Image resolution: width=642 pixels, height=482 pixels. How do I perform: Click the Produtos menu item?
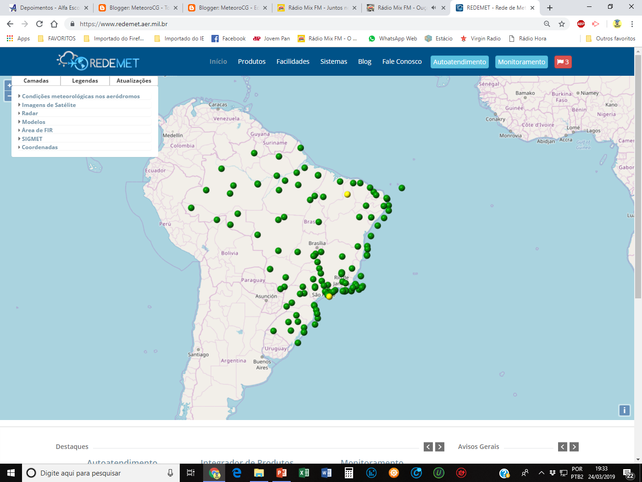pyautogui.click(x=251, y=62)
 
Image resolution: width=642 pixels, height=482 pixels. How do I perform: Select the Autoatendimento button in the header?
pyautogui.click(x=459, y=62)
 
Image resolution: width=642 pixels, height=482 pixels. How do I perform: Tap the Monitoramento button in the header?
pyautogui.click(x=521, y=62)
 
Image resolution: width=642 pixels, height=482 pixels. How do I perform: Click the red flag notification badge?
pyautogui.click(x=563, y=62)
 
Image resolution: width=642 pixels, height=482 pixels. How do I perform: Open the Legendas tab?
pyautogui.click(x=85, y=81)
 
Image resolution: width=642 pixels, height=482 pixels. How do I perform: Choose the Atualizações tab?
pyautogui.click(x=133, y=81)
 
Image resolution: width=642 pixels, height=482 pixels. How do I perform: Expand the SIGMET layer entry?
pyautogui.click(x=32, y=139)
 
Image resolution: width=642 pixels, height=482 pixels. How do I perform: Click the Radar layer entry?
pyautogui.click(x=30, y=113)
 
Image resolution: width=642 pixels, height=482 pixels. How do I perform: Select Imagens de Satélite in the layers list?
pyautogui.click(x=49, y=105)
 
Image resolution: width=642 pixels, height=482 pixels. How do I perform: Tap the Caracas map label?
pyautogui.click(x=218, y=105)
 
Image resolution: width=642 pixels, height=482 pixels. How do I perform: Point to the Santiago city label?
pyautogui.click(x=198, y=354)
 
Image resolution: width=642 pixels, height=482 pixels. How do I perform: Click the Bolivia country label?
pyautogui.click(x=229, y=253)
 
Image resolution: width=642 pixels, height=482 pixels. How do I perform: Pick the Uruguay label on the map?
pyautogui.click(x=276, y=348)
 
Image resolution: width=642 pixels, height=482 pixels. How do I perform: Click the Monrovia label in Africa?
pyautogui.click(x=510, y=135)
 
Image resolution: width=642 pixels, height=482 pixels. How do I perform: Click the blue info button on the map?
pyautogui.click(x=624, y=410)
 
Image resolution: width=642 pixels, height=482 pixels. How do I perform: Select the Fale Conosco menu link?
pyautogui.click(x=402, y=62)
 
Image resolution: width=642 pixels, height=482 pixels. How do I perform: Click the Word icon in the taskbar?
pyautogui.click(x=326, y=473)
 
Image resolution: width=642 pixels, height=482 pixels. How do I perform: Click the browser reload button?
pyautogui.click(x=39, y=24)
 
